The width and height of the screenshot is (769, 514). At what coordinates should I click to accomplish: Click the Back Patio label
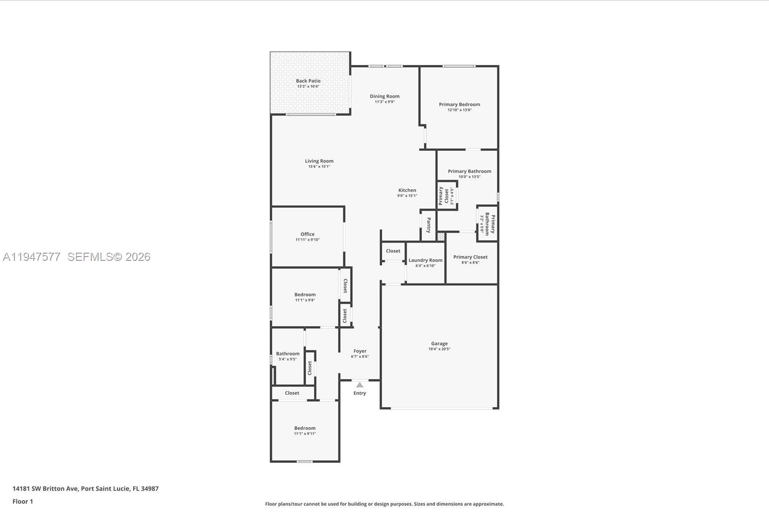[308, 81]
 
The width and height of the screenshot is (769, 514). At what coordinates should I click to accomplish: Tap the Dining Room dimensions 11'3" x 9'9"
[384, 102]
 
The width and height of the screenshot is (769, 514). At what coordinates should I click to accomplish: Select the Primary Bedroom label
[459, 104]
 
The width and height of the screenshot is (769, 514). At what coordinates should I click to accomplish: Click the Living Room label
[319, 161]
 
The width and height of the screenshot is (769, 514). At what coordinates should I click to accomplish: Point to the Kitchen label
[407, 190]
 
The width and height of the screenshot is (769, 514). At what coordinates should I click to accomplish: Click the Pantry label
[428, 225]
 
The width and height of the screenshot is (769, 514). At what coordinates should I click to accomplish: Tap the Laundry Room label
[425, 260]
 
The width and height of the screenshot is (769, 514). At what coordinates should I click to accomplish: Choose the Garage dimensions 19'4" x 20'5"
[439, 349]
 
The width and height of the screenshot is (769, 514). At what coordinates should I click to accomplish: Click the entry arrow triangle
[360, 385]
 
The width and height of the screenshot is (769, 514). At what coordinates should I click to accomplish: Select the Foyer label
[360, 351]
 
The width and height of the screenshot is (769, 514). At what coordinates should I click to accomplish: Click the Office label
[307, 234]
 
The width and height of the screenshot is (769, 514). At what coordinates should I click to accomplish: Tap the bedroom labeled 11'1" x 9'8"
[305, 295]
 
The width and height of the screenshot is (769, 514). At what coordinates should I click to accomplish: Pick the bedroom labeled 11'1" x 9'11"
[305, 428]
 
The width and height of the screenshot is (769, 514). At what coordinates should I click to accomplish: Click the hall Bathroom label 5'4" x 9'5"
[287, 354]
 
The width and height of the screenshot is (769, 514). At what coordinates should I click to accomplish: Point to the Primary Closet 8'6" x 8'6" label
[470, 257]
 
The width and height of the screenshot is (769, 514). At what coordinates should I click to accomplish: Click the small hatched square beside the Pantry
[441, 237]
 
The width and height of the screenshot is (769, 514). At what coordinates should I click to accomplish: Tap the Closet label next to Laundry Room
[393, 251]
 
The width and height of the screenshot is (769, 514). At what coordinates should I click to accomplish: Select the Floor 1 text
[23, 501]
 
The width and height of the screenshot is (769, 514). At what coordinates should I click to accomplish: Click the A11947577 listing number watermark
[32, 257]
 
